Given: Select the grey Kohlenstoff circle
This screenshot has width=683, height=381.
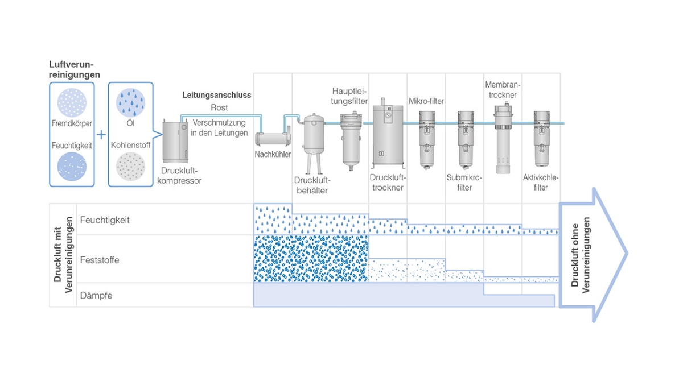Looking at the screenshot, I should click(x=131, y=167).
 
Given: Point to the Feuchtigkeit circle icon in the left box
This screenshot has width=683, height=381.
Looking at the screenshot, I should click(x=72, y=167).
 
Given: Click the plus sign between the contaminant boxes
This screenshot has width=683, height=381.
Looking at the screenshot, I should click(x=101, y=135).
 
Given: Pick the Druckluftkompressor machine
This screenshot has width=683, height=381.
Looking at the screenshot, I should click(x=175, y=140).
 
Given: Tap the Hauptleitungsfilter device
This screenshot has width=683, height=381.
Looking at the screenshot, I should click(x=349, y=139).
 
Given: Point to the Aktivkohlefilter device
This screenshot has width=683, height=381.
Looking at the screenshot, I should click(x=541, y=139).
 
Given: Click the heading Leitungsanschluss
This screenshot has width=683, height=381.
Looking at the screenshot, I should click(x=216, y=95).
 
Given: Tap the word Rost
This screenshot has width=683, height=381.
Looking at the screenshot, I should click(x=219, y=107).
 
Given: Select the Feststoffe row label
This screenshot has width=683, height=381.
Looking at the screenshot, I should click(x=100, y=260).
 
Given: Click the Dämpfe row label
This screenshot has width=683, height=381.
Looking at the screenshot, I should click(x=96, y=296).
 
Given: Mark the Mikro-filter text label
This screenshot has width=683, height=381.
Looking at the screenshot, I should click(x=426, y=101).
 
